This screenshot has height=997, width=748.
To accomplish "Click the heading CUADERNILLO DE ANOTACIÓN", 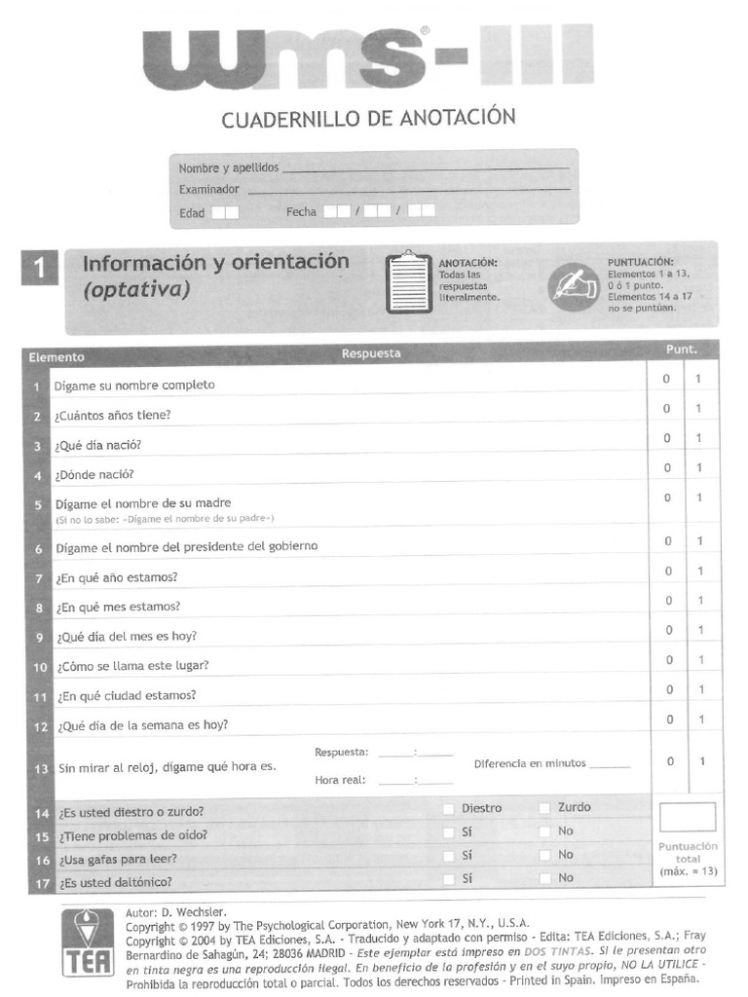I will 368,119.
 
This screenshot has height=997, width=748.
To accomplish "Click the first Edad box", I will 218,211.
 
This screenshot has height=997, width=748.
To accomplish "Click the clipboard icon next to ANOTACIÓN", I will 408,283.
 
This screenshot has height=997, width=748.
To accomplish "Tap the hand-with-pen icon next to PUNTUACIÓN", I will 573,284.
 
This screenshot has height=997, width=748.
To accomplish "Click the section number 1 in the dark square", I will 39,269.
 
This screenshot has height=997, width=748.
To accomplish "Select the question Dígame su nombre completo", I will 134,385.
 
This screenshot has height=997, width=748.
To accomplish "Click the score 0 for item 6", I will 668,541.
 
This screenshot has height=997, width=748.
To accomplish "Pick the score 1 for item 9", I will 698,631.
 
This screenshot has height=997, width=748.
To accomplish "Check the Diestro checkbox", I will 448,808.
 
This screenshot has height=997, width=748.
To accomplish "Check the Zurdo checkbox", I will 544,808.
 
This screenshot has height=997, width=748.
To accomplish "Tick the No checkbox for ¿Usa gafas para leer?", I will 544,855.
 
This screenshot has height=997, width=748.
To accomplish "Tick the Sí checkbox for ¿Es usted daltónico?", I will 448,878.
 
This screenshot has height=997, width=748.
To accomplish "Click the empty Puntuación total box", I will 687,816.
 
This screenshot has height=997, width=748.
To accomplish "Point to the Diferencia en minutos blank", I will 610,765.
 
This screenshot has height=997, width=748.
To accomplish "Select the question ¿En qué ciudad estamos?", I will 127,695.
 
